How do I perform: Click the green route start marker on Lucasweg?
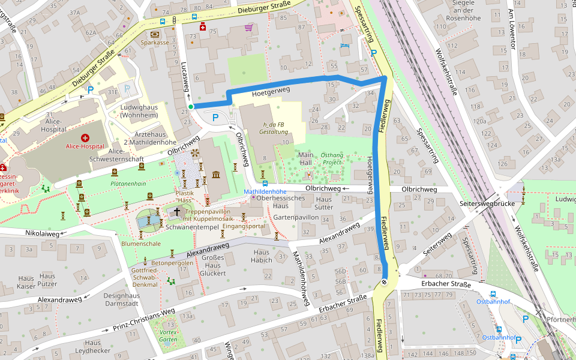tap(191, 107)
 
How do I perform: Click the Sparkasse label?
tap(155, 43)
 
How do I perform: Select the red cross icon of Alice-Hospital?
tap(85, 138)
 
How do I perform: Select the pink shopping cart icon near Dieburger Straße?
tap(248, 28)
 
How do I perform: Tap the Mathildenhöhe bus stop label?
tap(265, 192)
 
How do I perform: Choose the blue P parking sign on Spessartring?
tap(373, 53)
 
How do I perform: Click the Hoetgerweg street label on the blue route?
tap(271, 91)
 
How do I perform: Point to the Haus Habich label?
tap(262, 256)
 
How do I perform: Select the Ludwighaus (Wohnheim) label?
tap(139, 112)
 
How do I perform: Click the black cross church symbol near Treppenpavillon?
tap(177, 212)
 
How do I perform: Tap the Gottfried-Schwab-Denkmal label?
tap(145, 277)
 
